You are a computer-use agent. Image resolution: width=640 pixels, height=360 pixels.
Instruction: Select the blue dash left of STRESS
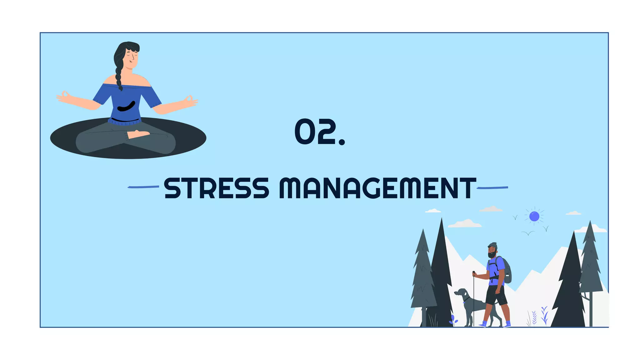point(143,187)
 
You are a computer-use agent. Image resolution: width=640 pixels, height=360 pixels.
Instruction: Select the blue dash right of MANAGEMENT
point(492,187)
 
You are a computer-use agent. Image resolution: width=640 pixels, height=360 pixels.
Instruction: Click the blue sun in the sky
point(534,216)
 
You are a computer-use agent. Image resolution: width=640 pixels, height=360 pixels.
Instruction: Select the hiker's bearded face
point(492,252)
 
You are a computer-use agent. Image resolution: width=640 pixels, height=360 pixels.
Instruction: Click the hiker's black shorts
point(496,295)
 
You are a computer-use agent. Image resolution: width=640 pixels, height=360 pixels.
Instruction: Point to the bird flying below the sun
point(528,233)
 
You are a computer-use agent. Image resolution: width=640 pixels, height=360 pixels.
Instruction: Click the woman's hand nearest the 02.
point(189,101)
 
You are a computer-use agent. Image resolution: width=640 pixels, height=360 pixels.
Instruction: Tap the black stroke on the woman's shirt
point(127,107)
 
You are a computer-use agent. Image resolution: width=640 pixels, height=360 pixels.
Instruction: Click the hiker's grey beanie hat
point(492,245)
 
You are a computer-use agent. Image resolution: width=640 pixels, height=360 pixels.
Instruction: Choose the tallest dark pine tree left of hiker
point(441,275)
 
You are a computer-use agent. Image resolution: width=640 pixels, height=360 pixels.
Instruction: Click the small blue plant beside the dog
point(453,320)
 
